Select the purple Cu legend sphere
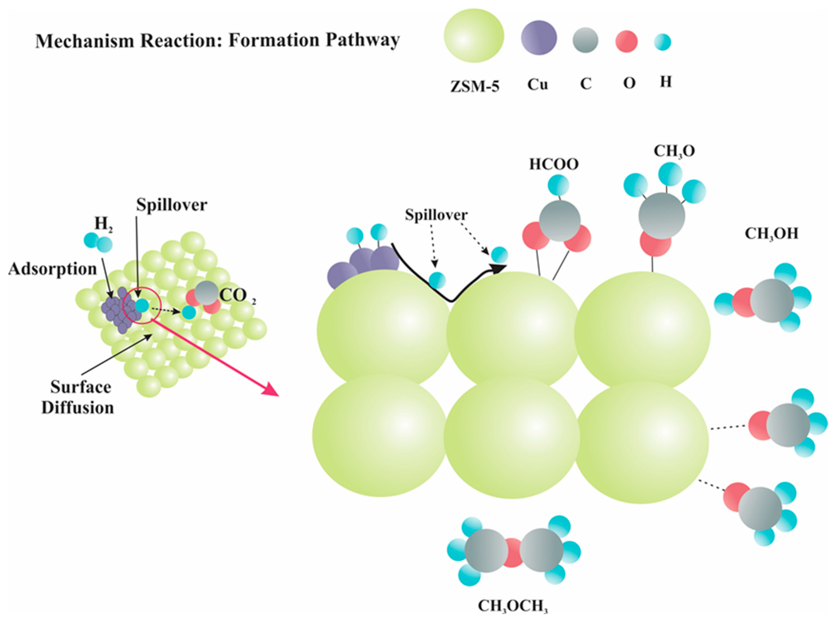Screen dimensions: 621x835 pos(539,38)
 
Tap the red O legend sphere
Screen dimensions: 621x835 pos(626,41)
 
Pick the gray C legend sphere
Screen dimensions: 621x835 pos(585,40)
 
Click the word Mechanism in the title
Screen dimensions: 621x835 pos(84,40)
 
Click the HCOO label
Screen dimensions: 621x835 pos(554,164)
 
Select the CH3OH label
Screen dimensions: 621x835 pos(771,234)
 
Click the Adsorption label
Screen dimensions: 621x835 pos(53,269)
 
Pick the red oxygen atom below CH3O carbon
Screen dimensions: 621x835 pos(655,242)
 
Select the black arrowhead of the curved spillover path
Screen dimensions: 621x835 pos(499,268)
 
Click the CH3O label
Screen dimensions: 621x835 pos(674,151)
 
